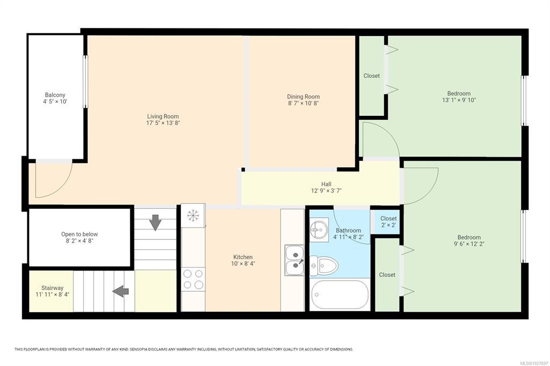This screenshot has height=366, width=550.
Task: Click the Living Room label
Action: [163, 116]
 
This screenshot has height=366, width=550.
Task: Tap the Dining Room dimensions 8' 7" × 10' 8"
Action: [303, 104]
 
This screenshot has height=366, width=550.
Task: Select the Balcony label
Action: [55, 95]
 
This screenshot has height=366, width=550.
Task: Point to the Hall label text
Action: [326, 184]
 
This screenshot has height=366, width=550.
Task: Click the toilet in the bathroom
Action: [324, 266]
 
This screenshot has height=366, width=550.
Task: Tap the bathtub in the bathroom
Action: [339, 295]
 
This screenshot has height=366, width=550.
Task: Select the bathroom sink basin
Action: [319, 230]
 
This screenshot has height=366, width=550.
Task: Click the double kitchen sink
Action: [294, 260]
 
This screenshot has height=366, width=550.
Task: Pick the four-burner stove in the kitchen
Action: [193, 279]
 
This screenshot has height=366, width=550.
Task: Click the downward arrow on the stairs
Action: [155, 223]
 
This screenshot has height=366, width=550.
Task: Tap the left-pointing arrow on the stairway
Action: [120, 291]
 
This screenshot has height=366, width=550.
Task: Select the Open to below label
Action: [79, 234]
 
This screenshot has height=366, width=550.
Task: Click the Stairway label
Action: [52, 288]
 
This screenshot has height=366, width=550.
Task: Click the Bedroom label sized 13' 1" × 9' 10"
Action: [459, 93]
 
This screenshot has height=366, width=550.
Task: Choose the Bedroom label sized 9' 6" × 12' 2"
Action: [469, 237]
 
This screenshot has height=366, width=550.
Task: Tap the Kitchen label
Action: [243, 257]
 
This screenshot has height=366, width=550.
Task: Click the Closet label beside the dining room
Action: [372, 76]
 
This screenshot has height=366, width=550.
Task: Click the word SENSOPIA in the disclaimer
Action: [139, 349]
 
